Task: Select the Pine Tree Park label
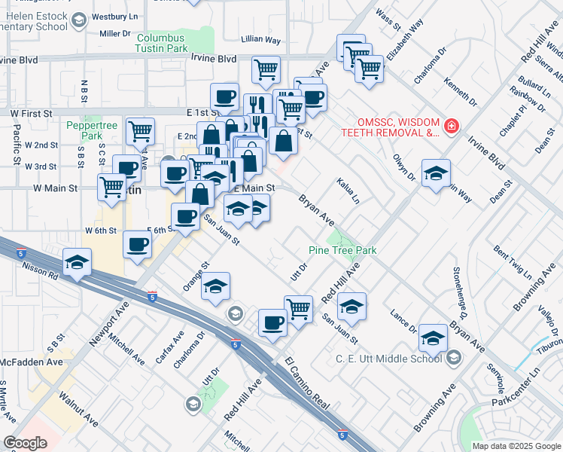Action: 342,250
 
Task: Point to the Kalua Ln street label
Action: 348,191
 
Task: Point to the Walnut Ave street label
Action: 79,408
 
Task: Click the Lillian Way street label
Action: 260,39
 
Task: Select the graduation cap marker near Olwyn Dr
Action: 436,173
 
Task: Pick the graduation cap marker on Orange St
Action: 215,286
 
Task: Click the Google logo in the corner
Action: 25,443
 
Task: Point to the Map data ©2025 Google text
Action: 516,446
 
